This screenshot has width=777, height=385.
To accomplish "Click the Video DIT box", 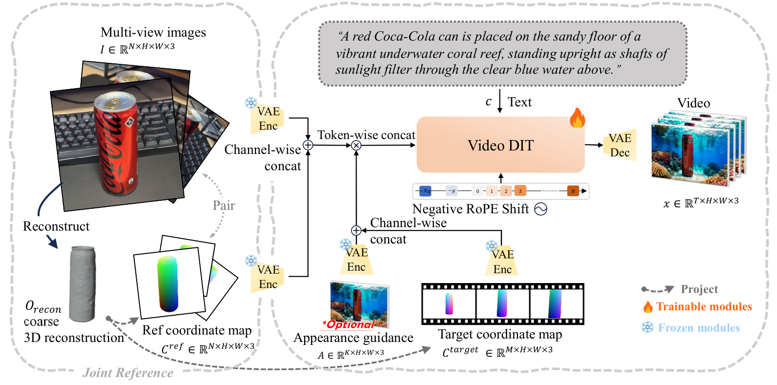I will (500, 145).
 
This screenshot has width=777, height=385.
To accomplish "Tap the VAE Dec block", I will (620, 145).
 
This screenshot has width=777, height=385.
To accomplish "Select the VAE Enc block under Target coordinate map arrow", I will (502, 262).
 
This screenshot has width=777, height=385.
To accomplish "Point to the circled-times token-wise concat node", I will (356, 145).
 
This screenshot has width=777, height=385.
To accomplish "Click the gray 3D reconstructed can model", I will (82, 284).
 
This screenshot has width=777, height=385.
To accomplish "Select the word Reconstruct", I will (56, 226).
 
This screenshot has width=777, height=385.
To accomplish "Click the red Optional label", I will (350, 324).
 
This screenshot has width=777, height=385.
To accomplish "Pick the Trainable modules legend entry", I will (703, 307).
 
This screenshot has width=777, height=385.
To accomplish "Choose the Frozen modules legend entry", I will (698, 328).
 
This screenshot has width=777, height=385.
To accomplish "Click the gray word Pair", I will (224, 205).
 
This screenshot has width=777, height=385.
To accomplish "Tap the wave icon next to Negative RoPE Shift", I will (541, 209).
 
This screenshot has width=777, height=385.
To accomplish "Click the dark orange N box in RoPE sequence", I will (573, 191).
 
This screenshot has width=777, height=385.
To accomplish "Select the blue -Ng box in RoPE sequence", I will (425, 191).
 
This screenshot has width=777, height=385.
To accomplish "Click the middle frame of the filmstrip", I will (502, 304).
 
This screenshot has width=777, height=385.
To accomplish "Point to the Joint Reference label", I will (128, 373).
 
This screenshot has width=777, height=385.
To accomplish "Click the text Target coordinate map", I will (500, 335).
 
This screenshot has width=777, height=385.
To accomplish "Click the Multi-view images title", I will (153, 33).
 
